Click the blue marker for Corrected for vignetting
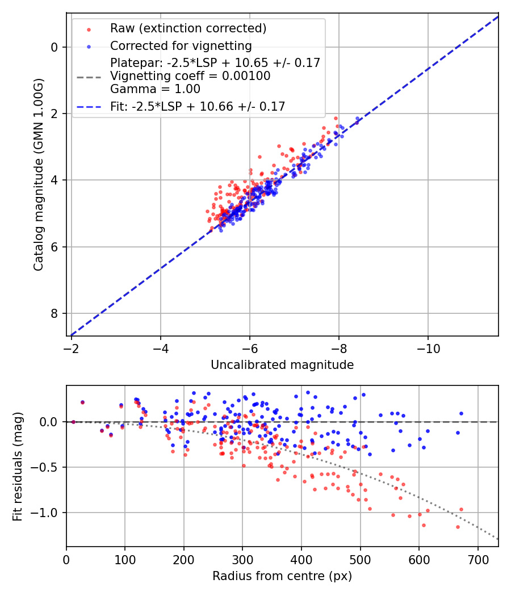pyautogui.click(x=89, y=46)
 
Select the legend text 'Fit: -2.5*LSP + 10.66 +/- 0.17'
pyautogui.click(x=198, y=106)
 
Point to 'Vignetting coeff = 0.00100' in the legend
pyautogui.click(x=190, y=76)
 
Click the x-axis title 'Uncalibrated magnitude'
pyautogui.click(x=282, y=365)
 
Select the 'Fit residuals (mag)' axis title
pyautogui.click(x=18, y=466)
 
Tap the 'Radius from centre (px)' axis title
pyautogui.click(x=282, y=576)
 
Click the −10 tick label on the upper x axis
pyautogui.click(x=428, y=347)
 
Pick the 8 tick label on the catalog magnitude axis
pyautogui.click(x=55, y=313)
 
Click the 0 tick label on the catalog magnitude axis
pyautogui.click(x=55, y=47)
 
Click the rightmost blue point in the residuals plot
pyautogui.click(x=461, y=414)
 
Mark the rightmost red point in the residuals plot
pyautogui.click(x=461, y=509)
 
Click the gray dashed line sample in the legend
pyautogui.click(x=89, y=76)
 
